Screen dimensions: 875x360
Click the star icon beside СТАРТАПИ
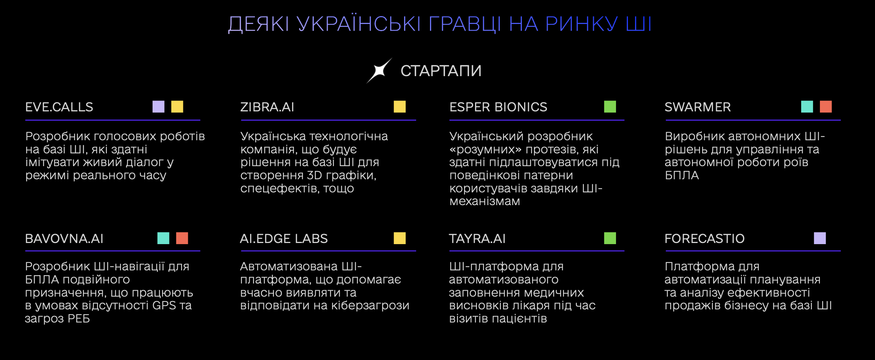tap(379, 70)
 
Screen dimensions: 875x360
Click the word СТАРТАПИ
tap(441, 71)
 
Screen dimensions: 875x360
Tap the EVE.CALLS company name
tap(59, 107)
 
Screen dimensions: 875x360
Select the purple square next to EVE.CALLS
tap(159, 106)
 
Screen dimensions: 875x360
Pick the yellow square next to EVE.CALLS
tap(177, 106)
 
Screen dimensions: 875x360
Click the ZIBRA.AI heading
tap(267, 107)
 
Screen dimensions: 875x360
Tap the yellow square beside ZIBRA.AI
tap(400, 106)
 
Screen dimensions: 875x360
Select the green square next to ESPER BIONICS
tap(610, 106)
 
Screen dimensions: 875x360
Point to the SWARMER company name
tap(698, 107)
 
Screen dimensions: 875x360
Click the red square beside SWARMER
tap(826, 106)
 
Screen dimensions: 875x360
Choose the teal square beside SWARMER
tap(807, 106)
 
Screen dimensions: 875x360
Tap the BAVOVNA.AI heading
tap(64, 239)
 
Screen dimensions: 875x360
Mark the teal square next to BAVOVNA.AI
tap(163, 238)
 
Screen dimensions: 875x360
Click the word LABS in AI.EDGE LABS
tap(310, 239)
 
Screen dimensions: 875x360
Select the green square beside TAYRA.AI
tap(610, 238)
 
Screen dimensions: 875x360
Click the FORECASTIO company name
tap(704, 239)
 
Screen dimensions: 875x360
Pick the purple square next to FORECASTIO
tap(820, 238)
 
